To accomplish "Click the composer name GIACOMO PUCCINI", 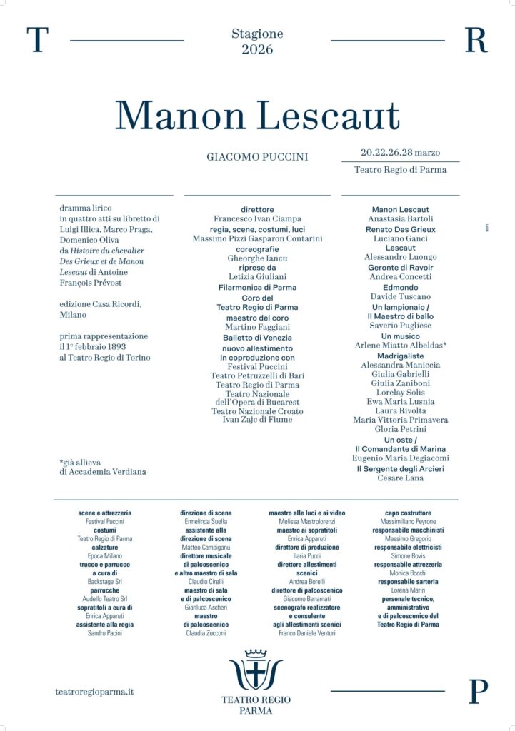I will tap(257, 156).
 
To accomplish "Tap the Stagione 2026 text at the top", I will tap(257, 41).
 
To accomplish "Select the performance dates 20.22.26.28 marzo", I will tap(400, 152).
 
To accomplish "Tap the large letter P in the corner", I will tap(477, 692).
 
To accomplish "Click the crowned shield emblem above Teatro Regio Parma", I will tap(256, 670).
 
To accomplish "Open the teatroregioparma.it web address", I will tap(94, 692).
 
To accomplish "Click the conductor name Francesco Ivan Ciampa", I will tap(257, 218).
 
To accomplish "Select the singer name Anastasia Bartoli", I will tap(400, 218).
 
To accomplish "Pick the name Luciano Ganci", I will tap(400, 238).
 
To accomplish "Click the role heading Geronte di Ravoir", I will tap(400, 267).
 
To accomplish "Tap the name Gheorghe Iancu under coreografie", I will tap(257, 258).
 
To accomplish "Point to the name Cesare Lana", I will tap(400, 478).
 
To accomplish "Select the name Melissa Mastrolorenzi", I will tap(306, 522).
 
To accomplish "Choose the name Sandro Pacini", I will tap(105, 632).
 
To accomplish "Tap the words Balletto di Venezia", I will tap(257, 337).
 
